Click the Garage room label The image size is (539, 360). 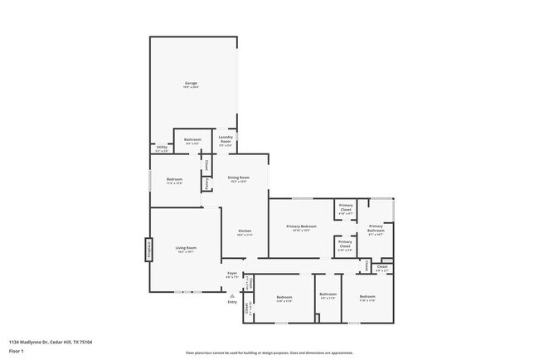pos(191,84)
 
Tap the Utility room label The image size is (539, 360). pos(162,148)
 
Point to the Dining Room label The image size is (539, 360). pos(240,178)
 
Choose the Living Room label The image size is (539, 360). pos(185,248)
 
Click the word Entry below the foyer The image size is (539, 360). pos(232,301)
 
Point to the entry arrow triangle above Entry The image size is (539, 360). pos(232,294)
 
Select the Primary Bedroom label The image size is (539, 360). pos(301,226)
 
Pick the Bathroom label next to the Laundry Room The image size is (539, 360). pos(192,139)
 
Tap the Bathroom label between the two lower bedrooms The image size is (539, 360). pos(328,294)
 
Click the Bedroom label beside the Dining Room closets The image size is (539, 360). pos(174,180)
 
